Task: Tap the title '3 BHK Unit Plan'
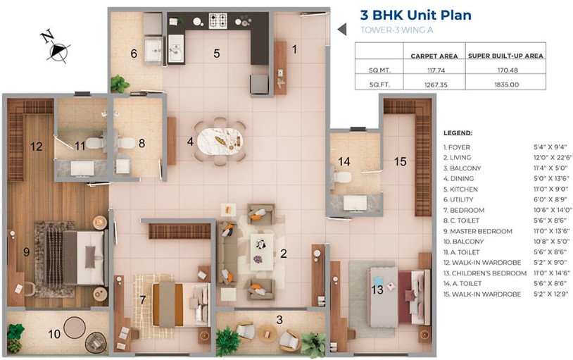tap(415, 15)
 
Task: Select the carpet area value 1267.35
tap(436, 85)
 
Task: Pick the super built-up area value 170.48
tap(508, 70)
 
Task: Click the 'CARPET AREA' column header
tap(434, 56)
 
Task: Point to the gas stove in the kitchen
tap(218, 21)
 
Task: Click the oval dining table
tap(220, 141)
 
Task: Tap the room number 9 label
tap(26, 252)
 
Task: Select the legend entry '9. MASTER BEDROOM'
tap(478, 231)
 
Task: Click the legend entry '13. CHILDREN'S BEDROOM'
tap(485, 273)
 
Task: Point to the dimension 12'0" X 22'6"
tap(553, 157)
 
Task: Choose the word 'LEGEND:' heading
tap(458, 133)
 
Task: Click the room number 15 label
tap(400, 161)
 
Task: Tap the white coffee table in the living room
tap(262, 252)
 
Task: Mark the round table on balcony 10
tap(75, 328)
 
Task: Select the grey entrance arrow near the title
tap(341, 30)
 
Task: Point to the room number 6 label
tap(134, 54)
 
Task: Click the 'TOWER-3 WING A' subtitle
tap(396, 30)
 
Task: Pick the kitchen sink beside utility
tap(177, 49)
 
